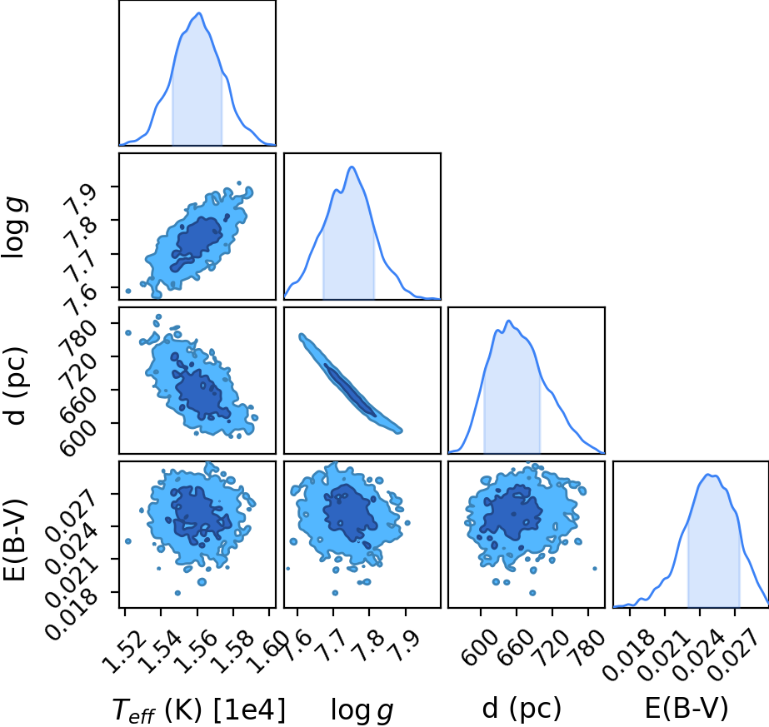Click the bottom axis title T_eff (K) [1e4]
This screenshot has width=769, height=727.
coord(199,710)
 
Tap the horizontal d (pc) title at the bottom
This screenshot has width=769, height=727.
coord(522,709)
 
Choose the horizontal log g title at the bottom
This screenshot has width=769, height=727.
coord(362,710)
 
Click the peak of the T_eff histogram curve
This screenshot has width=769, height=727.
coord(199,13)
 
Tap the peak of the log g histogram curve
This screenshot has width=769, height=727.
coord(352,167)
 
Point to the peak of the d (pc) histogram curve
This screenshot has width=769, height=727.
coord(509,321)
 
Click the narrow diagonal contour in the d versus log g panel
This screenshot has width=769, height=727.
coord(349,383)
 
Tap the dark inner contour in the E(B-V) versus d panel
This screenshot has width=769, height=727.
coord(511,513)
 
